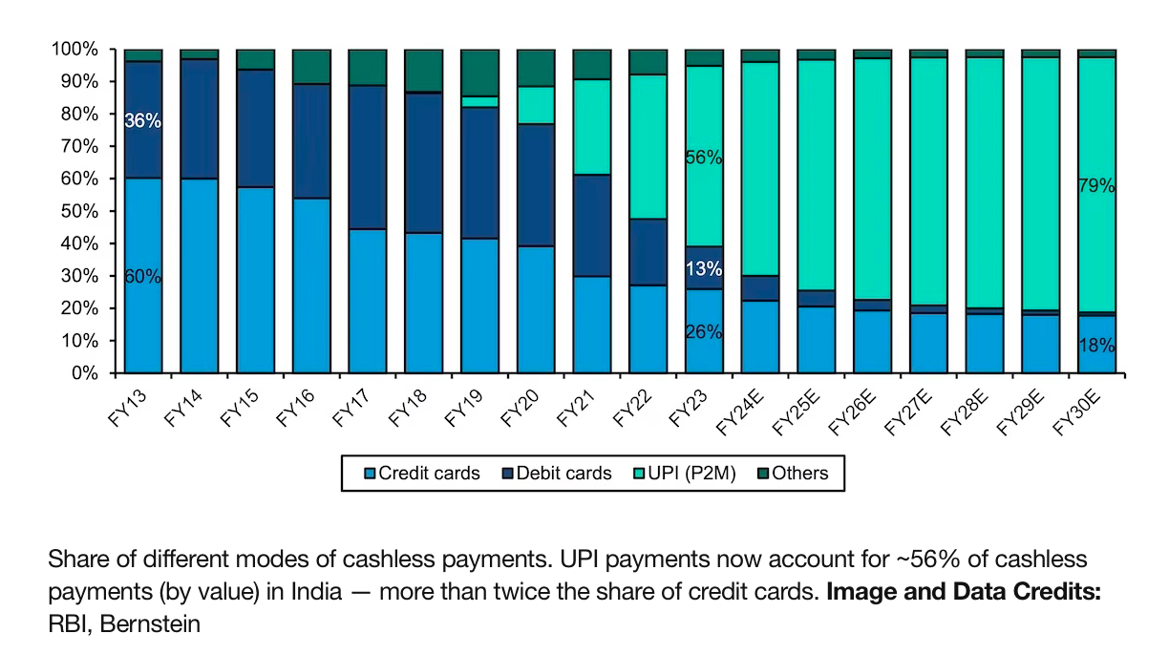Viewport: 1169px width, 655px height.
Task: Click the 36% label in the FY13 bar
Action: [142, 121]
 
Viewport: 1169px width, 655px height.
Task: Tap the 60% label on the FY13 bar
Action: [142, 277]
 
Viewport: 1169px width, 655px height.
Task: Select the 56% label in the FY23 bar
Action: [703, 158]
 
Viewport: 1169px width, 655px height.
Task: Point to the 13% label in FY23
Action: [703, 269]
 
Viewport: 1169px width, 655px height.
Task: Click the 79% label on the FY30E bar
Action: [1096, 186]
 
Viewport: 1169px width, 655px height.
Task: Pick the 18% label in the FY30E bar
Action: [1096, 346]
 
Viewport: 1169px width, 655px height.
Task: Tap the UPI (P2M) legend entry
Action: [684, 473]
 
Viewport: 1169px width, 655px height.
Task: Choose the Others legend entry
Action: [792, 473]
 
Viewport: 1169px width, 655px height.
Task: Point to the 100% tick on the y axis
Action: [74, 49]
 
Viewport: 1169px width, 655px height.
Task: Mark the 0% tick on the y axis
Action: [84, 373]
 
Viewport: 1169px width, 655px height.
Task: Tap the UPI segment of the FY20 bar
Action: [536, 105]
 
